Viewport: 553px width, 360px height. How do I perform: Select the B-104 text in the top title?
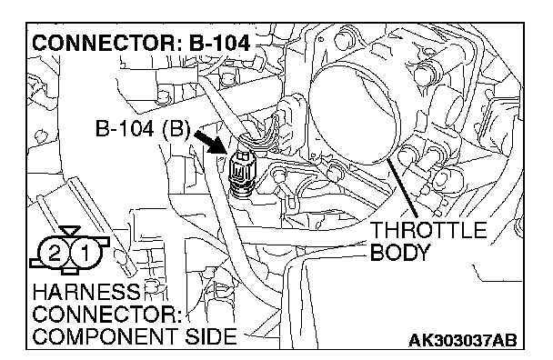coord(220,43)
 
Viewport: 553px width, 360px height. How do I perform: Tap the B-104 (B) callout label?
coord(143,129)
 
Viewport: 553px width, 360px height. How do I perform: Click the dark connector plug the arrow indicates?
coord(240,173)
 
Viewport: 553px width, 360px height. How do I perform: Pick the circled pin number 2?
coord(55,253)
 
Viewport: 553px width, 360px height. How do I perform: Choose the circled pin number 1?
coord(85,253)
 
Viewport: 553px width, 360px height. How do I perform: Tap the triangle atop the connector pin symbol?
coord(69,231)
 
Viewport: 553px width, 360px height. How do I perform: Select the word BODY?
coord(400,252)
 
